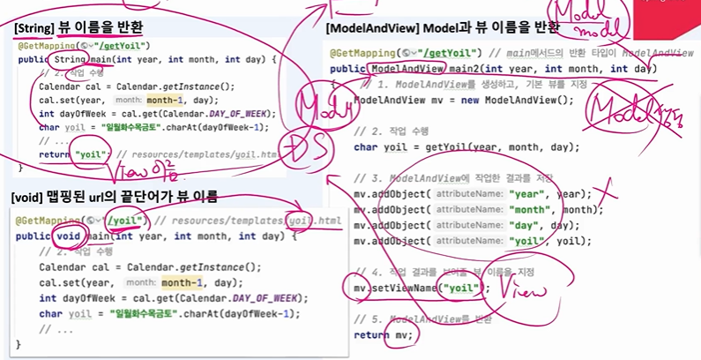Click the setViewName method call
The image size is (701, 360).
(406, 288)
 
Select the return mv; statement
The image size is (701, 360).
(382, 334)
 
